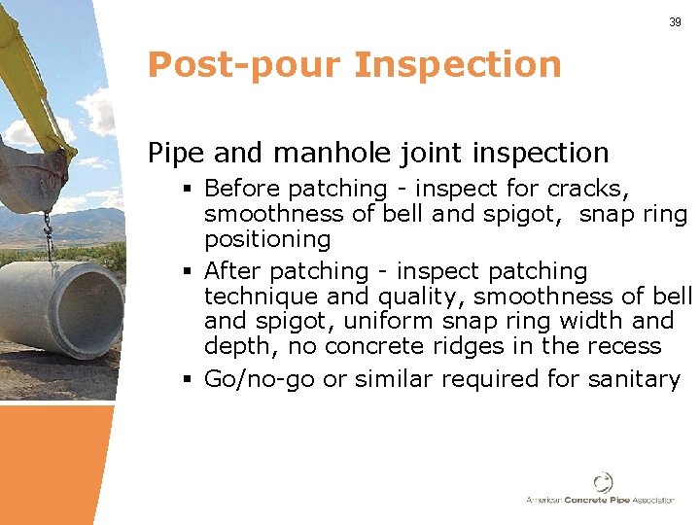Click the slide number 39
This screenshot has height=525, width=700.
click(675, 21)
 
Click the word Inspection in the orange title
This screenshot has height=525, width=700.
click(458, 65)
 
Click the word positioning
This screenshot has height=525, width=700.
click(267, 238)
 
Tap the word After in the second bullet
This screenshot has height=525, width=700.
click(232, 270)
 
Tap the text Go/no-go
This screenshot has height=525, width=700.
click(260, 378)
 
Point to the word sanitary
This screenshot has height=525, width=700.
click(634, 378)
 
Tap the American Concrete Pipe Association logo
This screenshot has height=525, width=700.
click(601, 489)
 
